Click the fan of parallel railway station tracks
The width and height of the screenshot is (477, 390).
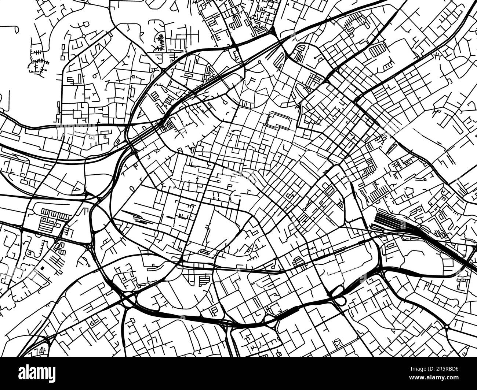tap(383, 220)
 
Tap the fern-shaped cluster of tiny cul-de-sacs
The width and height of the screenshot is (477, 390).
tap(160, 42)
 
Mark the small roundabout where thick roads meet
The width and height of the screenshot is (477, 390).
tap(447, 327)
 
